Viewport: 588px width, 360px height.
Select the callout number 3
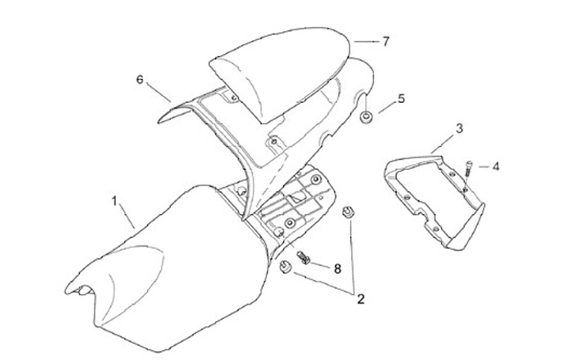pos(459,128)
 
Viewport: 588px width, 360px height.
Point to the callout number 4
pos(496,166)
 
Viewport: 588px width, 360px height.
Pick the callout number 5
pos(401,99)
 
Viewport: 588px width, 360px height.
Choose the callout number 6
pos(140,79)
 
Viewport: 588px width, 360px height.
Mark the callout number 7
pos(386,40)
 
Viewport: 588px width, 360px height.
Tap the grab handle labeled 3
pos(433,196)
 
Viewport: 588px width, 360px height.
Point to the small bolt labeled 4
pos(470,167)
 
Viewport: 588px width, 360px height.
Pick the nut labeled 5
pos(367,119)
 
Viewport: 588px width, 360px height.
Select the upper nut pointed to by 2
pos(348,212)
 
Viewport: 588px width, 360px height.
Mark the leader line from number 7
pos(365,40)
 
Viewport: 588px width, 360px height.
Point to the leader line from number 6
pos(159,91)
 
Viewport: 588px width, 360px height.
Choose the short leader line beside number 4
pos(483,167)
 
